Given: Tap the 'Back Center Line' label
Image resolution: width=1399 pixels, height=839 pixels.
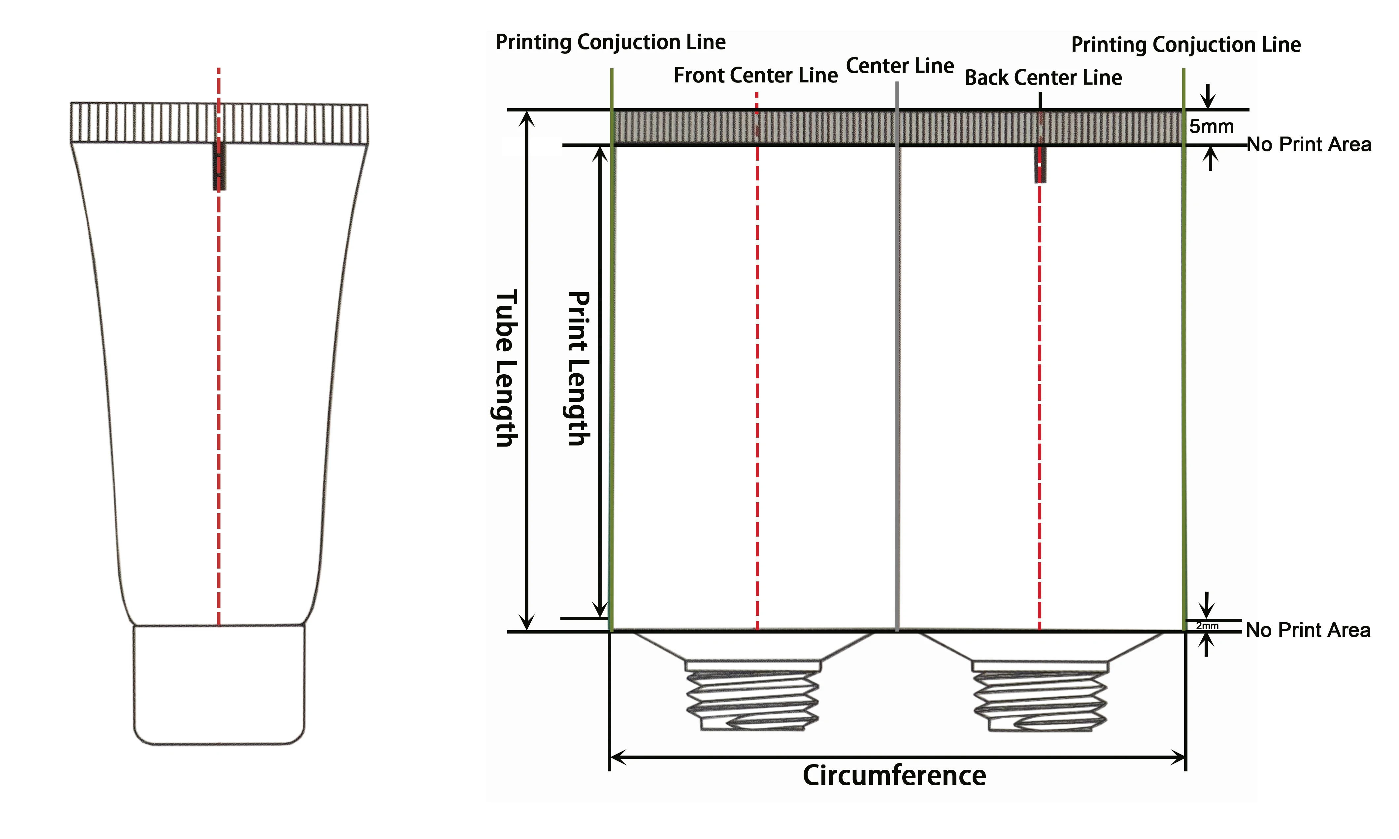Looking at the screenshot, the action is click(1043, 78).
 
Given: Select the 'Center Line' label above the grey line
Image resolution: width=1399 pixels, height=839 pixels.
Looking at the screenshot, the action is click(900, 66).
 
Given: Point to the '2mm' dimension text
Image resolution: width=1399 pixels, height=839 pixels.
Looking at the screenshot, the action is click(1207, 626).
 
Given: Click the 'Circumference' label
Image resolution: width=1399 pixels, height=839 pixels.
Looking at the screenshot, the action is click(894, 775).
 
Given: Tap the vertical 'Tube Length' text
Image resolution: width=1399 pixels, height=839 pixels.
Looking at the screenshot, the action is click(505, 369).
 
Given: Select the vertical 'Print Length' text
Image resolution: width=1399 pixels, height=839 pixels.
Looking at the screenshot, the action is click(578, 369).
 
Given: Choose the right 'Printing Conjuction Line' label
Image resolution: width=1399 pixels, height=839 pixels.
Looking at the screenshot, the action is click(1186, 45).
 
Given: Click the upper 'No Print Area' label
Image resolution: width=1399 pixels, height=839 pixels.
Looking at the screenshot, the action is click(1309, 145).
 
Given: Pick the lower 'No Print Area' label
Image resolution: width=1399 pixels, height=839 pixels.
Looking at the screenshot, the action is click(1308, 630).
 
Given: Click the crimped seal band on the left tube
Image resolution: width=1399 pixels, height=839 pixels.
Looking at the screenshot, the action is click(219, 123).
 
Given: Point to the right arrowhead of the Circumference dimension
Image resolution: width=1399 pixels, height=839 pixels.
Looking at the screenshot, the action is click(1178, 757).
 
